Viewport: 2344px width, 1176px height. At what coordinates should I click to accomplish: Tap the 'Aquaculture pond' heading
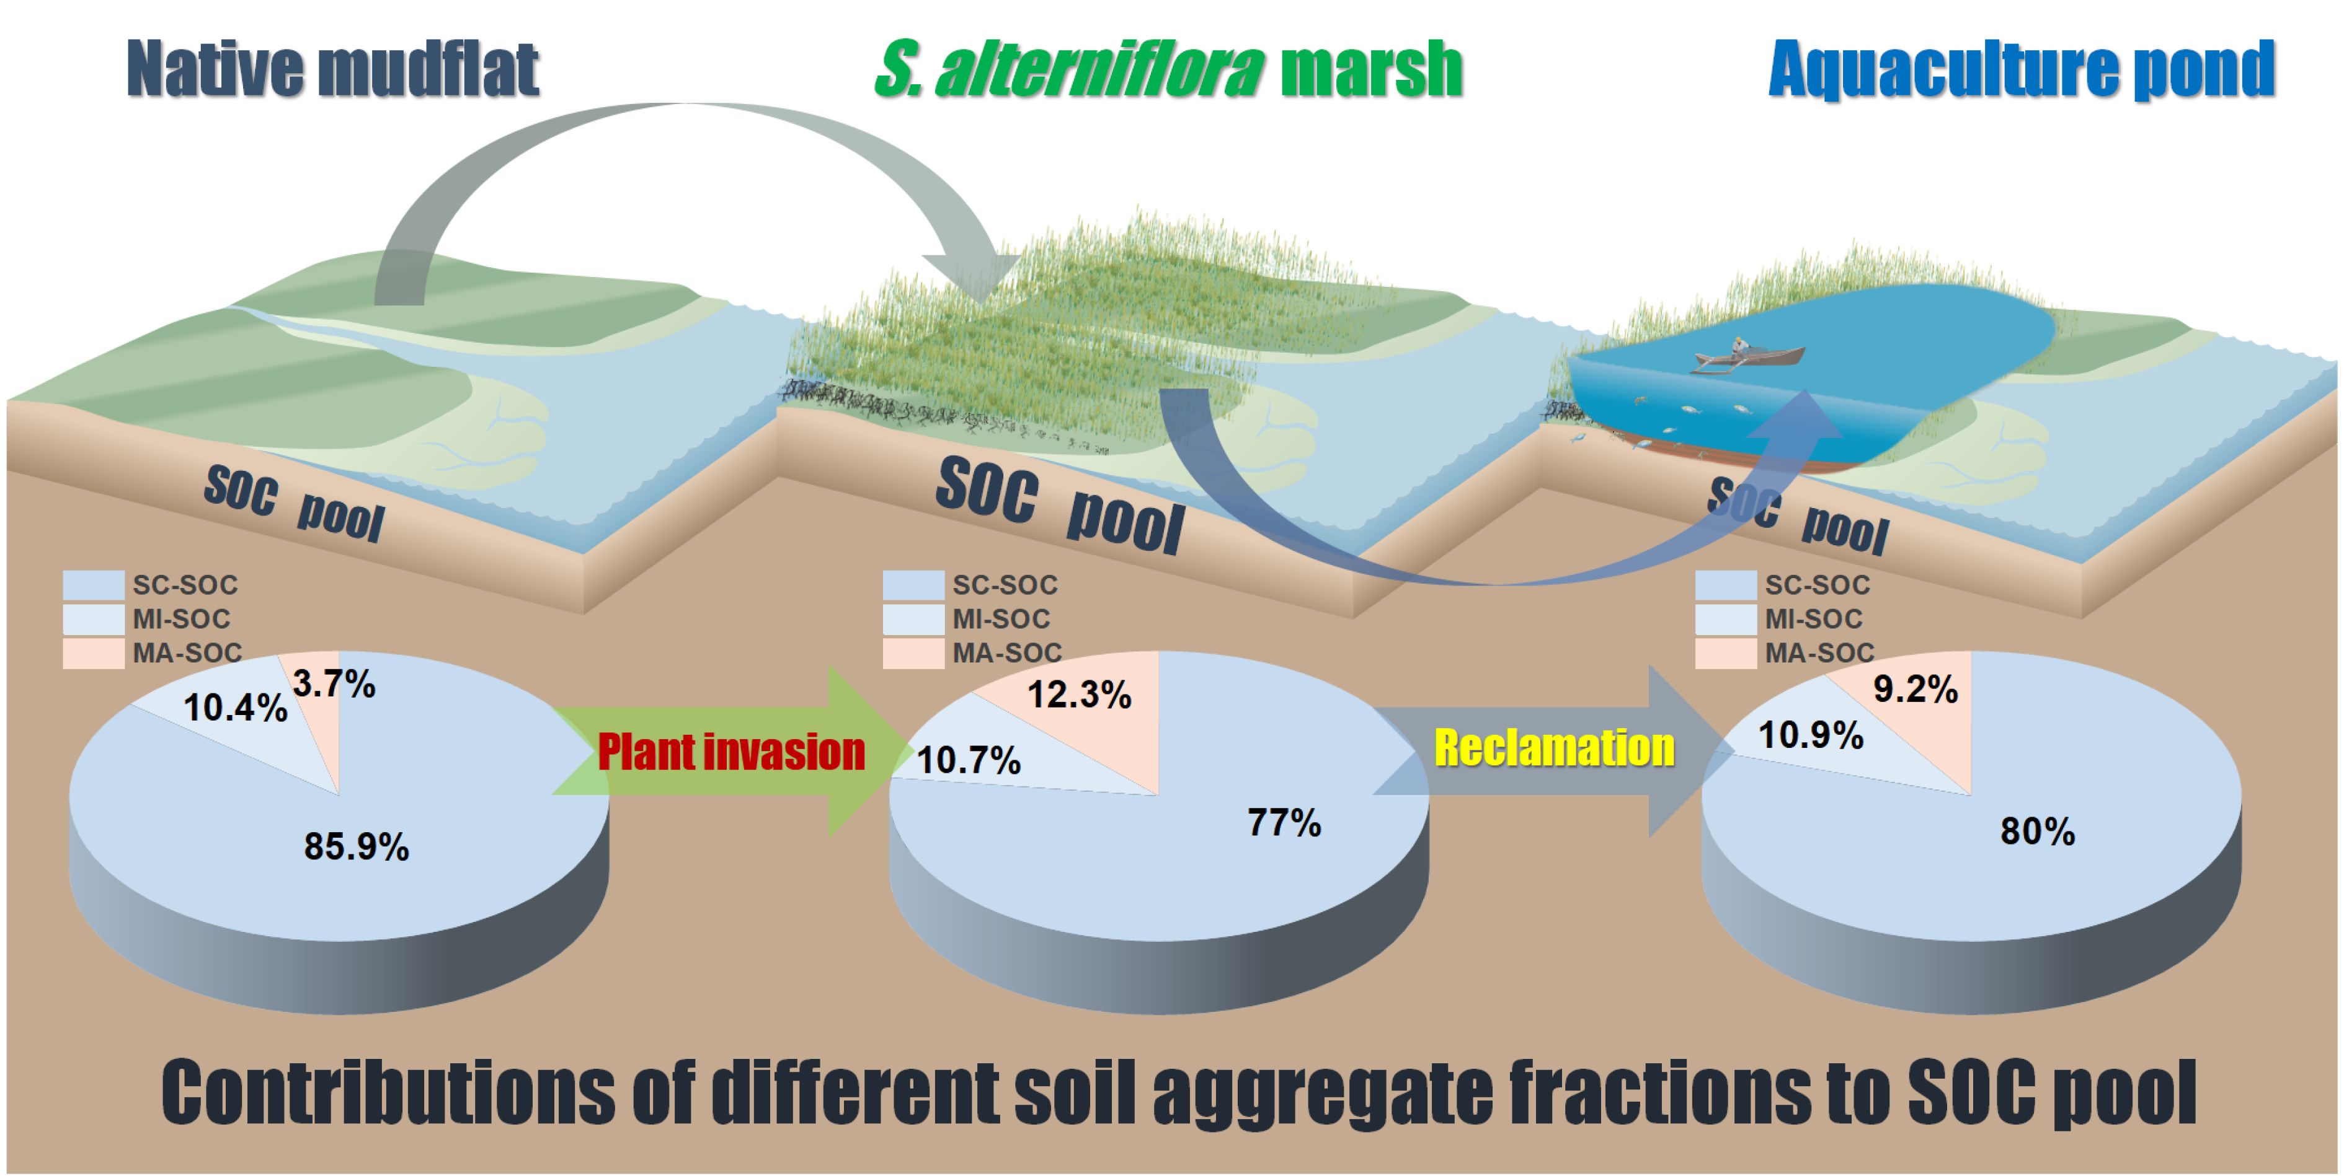[2022, 69]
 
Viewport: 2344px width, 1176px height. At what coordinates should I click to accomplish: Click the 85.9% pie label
[357, 847]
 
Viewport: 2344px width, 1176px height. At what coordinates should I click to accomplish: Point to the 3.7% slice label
[334, 684]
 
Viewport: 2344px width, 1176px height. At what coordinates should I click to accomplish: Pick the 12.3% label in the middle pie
[1079, 695]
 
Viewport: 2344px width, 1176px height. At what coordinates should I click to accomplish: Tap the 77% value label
[1284, 822]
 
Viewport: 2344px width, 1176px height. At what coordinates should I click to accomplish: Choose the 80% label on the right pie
[2037, 832]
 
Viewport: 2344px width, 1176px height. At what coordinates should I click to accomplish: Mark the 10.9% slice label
[1811, 735]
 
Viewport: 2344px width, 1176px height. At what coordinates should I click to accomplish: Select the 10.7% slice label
[968, 760]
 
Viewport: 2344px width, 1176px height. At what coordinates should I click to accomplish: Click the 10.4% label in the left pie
[236, 708]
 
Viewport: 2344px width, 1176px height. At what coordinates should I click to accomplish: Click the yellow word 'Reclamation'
[1554, 748]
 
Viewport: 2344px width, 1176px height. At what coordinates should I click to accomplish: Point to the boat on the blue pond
[1747, 356]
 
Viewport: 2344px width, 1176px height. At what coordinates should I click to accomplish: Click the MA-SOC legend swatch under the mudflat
[94, 653]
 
